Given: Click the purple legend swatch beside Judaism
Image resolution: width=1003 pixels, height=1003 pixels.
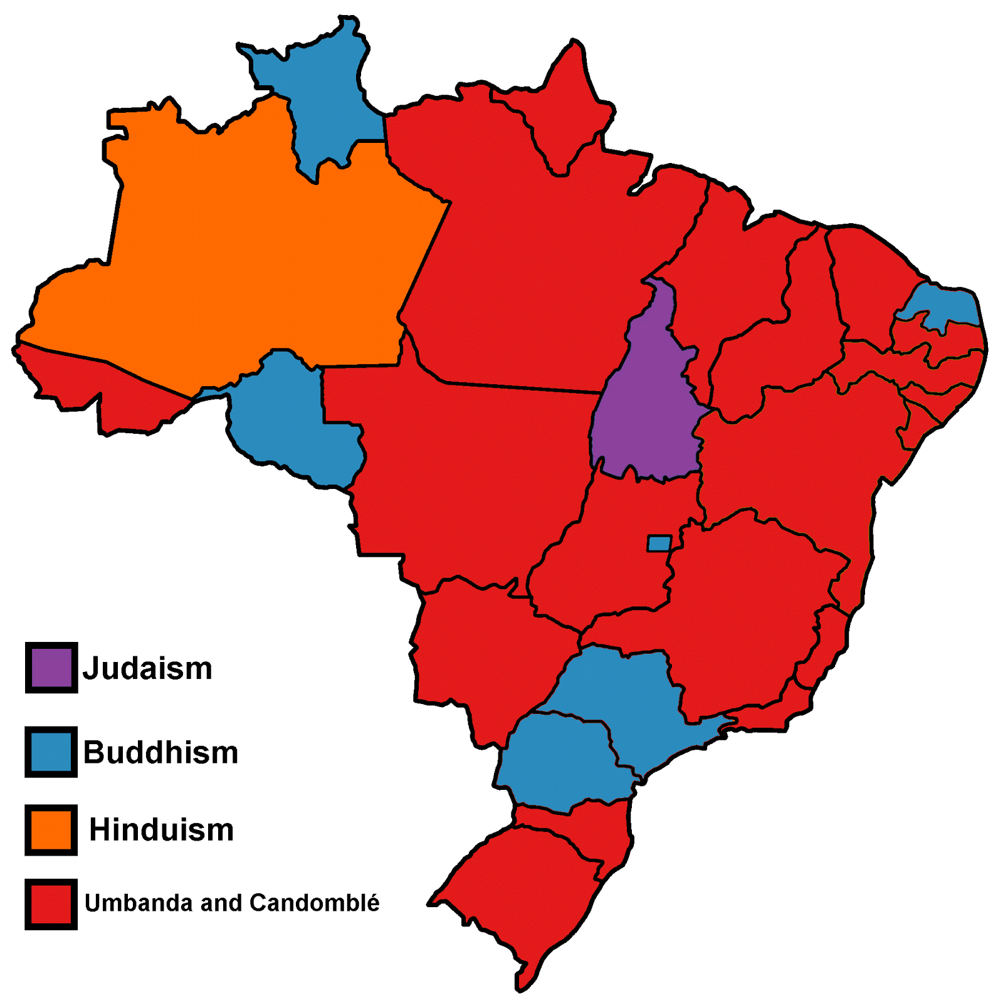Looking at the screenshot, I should point(51,668).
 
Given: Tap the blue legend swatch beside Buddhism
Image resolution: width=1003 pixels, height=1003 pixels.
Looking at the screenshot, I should point(51,752).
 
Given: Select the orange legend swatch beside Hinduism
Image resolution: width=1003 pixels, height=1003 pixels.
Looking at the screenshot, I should point(51,829).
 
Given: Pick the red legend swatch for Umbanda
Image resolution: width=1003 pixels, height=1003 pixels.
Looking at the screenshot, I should point(51,904).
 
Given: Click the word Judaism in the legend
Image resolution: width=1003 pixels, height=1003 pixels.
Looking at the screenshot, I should point(148,669).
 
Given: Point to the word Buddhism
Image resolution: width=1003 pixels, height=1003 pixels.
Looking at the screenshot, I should point(161,752).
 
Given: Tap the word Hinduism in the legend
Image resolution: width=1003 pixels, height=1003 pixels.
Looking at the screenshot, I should point(162,830).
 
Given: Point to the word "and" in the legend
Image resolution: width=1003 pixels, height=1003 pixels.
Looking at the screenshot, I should point(221,903).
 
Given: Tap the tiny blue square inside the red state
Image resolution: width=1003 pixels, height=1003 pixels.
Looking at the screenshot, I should point(659,543).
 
